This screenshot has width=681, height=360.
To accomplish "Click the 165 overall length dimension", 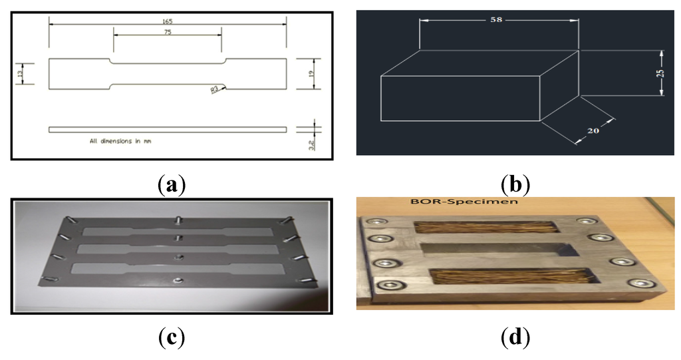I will [x=168, y=21].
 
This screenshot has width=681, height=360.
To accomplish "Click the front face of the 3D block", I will [x=460, y=98].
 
